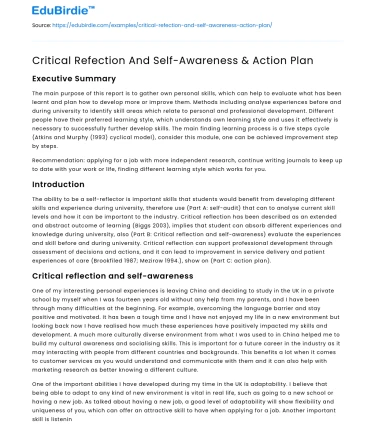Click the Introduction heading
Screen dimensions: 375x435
[58, 184]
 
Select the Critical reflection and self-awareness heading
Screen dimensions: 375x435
[109, 275]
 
